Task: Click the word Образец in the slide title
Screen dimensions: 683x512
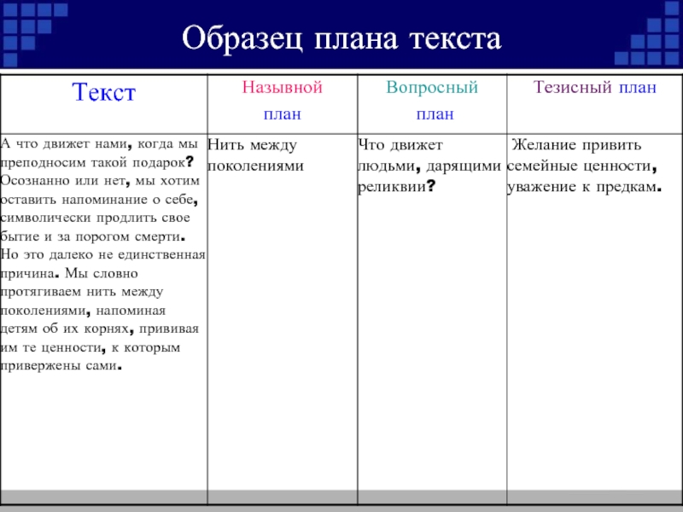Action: [242, 39]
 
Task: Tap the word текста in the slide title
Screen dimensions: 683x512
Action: [455, 39]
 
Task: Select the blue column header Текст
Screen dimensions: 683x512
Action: [104, 92]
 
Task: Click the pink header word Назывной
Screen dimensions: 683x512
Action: [283, 88]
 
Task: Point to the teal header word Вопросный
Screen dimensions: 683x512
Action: [432, 88]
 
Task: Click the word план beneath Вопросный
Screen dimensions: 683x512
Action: [435, 114]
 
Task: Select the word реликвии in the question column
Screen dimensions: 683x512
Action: [392, 187]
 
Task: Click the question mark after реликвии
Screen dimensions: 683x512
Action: [430, 186]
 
